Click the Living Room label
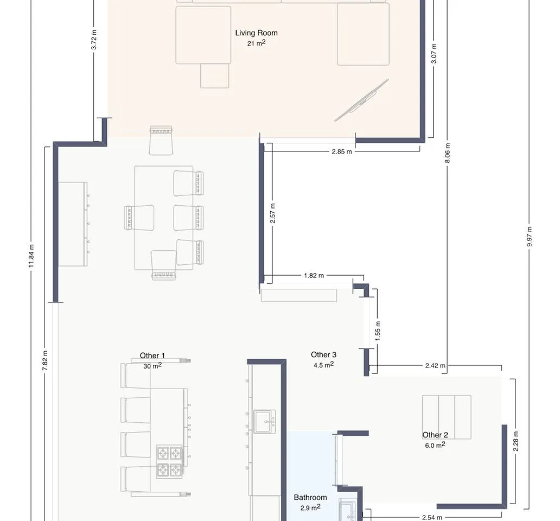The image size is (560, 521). tap(256, 33)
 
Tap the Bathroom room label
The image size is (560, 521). tap(310, 497)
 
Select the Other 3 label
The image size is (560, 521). tap(323, 354)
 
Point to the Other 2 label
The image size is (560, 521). tap(435, 435)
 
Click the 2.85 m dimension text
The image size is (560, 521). tap(342, 151)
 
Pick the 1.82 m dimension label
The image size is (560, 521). tap(314, 275)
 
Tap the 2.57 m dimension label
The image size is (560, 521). tap(272, 213)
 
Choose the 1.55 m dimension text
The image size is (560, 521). tap(378, 331)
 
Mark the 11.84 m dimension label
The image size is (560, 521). tap(31, 256)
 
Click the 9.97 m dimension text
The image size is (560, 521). tap(529, 237)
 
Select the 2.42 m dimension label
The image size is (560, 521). tap(435, 365)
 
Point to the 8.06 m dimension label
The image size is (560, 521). tap(448, 153)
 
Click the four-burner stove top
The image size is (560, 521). tap(170, 462)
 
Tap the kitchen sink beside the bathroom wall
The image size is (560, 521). tap(264, 422)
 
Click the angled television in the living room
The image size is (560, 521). tap(361, 100)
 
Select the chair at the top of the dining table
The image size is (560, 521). tap(161, 141)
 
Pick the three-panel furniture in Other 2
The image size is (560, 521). tap(447, 417)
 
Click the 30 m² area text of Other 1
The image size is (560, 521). tap(152, 366)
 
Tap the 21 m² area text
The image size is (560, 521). tap(256, 43)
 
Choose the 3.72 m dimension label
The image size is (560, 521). tap(93, 40)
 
